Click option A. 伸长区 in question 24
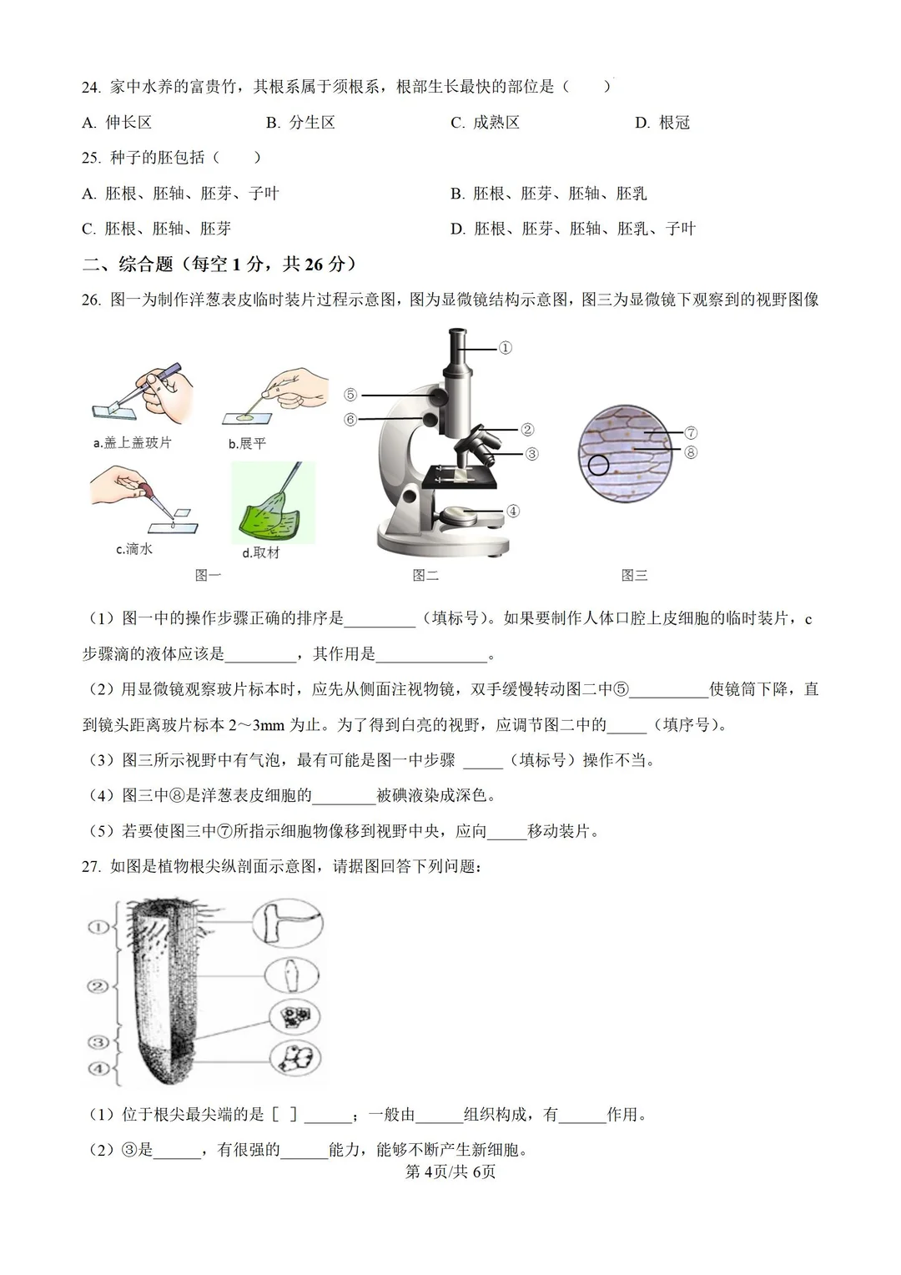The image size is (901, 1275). (117, 123)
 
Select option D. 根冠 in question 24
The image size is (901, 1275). (662, 123)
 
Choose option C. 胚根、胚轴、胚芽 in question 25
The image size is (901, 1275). (156, 229)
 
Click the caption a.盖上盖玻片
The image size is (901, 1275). (132, 442)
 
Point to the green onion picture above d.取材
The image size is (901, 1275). (273, 502)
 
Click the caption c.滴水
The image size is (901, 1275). (133, 549)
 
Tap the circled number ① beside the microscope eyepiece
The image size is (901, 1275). (505, 348)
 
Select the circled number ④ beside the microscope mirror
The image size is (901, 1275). (512, 511)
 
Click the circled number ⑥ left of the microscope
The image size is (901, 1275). (350, 419)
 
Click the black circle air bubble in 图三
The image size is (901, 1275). (598, 465)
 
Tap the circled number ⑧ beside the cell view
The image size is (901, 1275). (690, 452)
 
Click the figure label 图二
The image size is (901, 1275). (425, 575)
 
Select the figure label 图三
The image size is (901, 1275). (634, 575)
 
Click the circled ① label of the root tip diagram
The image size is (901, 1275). (98, 927)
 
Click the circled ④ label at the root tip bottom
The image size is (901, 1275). (98, 1068)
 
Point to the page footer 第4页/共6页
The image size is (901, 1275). (450, 1172)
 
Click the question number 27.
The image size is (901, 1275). (91, 866)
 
